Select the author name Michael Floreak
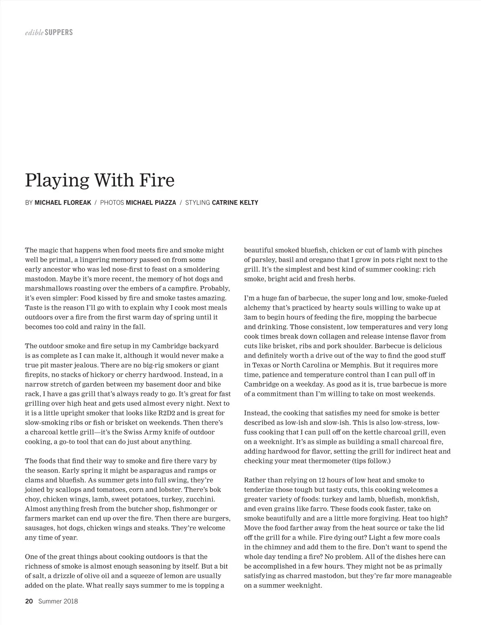(63, 203)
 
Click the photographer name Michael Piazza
(151, 203)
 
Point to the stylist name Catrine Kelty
(235, 203)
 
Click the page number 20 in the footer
(29, 601)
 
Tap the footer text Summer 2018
(58, 601)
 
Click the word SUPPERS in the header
(59, 32)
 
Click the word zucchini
(200, 499)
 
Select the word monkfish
(422, 499)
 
